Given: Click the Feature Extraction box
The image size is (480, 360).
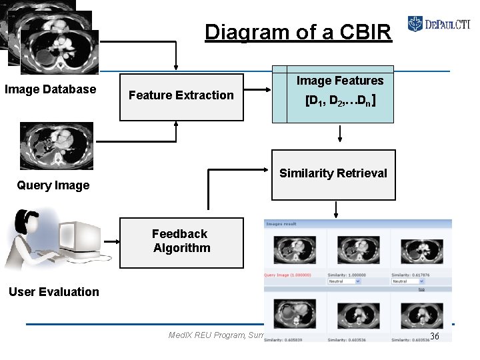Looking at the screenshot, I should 181,96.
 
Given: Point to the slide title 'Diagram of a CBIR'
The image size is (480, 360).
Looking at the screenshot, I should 298,32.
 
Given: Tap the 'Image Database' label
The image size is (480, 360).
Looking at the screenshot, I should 50,89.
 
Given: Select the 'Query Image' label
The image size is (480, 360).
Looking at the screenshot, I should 53,185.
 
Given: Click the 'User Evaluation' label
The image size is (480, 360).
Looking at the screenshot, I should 53,291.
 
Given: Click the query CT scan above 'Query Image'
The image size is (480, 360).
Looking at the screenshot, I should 57,145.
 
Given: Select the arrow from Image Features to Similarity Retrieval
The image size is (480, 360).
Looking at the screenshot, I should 339,133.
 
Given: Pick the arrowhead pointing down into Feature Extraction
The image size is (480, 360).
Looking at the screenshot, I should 176,66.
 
